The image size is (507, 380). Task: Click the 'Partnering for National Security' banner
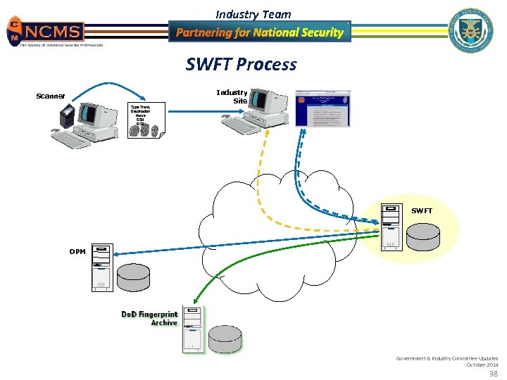(x=259, y=32)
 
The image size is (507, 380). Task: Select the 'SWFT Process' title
(x=242, y=65)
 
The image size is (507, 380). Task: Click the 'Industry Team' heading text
(x=253, y=14)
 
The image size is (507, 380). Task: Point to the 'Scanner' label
(x=51, y=96)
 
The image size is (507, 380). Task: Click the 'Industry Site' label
(x=233, y=96)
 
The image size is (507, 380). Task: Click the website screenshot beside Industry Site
(x=322, y=108)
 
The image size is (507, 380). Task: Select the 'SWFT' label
(x=422, y=210)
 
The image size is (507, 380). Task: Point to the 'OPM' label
(x=77, y=251)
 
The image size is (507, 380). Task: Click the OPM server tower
(x=102, y=267)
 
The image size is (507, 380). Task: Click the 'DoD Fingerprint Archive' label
(x=150, y=318)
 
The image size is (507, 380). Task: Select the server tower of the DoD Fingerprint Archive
(x=192, y=328)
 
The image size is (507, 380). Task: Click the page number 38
(x=494, y=374)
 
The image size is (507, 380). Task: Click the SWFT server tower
(x=390, y=227)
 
